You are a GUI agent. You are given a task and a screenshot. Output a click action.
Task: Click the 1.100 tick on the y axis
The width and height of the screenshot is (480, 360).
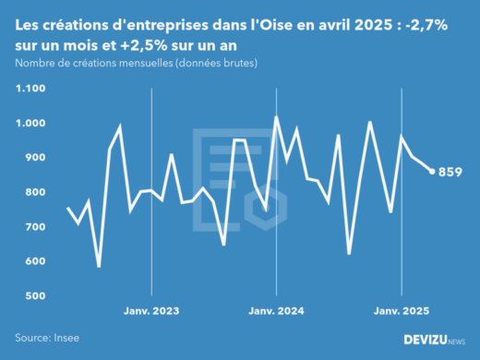click(30, 89)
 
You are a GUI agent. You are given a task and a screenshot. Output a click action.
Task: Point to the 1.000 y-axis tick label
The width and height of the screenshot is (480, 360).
click(30, 123)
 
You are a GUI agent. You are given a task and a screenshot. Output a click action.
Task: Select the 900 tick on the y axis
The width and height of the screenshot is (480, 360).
click(35, 158)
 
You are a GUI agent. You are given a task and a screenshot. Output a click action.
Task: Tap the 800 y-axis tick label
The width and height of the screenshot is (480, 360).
click(35, 192)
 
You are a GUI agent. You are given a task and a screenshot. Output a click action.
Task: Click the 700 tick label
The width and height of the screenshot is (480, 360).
click(35, 227)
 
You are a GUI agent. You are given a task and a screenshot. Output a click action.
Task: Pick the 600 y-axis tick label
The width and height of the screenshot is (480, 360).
click(35, 261)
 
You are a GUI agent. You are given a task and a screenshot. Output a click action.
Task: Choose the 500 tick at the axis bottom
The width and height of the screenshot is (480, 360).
click(35, 296)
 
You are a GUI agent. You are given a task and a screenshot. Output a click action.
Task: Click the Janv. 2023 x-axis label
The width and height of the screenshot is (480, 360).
click(152, 311)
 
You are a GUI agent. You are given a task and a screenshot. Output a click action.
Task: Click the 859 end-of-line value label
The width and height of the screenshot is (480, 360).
click(450, 172)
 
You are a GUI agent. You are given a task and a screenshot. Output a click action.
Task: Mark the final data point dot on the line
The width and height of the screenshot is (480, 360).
click(432, 171)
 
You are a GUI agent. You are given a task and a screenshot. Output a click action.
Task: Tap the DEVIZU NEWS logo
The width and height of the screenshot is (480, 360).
click(434, 341)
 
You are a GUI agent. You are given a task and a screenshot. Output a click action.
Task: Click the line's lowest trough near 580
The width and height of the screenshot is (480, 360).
click(99, 267)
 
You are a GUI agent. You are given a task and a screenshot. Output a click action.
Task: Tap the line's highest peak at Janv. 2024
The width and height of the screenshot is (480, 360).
click(276, 117)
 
